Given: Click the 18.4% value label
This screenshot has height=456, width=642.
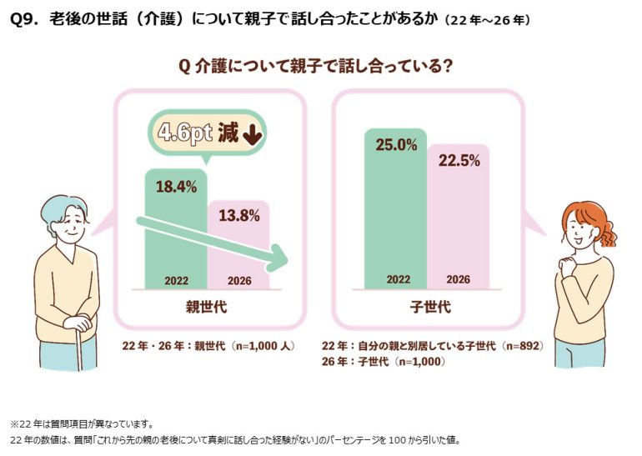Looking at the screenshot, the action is [177, 187].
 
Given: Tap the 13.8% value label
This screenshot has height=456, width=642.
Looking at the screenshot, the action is [239, 215].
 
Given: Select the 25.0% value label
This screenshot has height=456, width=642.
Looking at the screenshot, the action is [396, 145].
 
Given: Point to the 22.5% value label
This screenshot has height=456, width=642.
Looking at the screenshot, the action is [459, 160].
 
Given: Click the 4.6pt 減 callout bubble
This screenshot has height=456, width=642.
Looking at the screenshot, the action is [207, 133].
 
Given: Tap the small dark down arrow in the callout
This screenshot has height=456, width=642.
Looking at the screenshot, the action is [253, 134].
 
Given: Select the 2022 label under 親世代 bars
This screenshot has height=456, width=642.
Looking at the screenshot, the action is [177, 281].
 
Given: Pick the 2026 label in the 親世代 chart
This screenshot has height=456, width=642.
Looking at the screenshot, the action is [239, 281].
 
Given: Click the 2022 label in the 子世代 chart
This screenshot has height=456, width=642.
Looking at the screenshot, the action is [399, 279].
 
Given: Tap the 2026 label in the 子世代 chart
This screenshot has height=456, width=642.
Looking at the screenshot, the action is [459, 279].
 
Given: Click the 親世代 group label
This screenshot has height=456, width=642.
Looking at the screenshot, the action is [207, 307].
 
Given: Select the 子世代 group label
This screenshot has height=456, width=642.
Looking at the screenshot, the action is [430, 307].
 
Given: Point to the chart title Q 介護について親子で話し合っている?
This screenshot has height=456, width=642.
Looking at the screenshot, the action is [315, 66].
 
